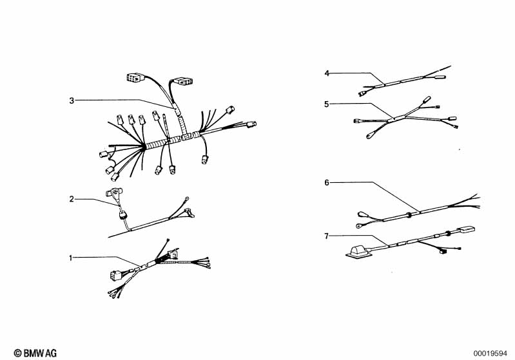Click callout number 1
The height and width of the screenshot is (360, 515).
click(71, 258)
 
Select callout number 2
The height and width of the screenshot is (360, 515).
click(72, 199)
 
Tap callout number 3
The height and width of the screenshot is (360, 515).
click(72, 100)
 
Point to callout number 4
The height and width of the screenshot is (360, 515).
click(327, 73)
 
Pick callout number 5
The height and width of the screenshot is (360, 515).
click(327, 104)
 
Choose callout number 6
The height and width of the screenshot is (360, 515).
click(327, 182)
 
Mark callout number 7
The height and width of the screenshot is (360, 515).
click(327, 236)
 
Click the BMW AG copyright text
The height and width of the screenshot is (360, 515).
click(35, 353)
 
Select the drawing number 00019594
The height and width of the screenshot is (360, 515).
click(490, 354)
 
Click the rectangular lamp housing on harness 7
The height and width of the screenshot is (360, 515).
click(358, 251)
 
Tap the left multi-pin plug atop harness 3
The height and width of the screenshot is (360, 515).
click(135, 78)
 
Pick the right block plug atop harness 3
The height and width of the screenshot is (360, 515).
click(183, 81)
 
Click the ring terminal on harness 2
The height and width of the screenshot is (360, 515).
click(186, 198)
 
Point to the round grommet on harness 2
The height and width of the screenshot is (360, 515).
click(124, 215)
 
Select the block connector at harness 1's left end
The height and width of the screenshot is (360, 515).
click(116, 275)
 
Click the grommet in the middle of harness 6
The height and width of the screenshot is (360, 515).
click(409, 215)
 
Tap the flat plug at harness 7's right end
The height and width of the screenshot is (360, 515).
click(466, 229)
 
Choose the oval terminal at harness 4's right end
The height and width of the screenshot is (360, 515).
click(439, 77)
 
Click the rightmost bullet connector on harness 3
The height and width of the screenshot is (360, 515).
click(252, 124)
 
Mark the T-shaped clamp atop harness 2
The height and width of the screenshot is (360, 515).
click(113, 192)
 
